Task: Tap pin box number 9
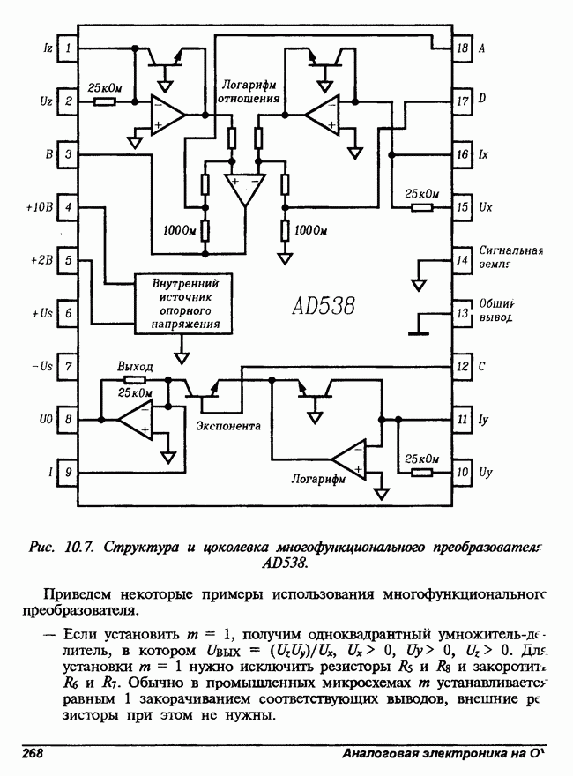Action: click(69, 473)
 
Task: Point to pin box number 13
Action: click(462, 313)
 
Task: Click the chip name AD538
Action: click(324, 307)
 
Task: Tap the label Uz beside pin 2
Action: click(46, 101)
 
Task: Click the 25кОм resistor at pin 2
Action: click(104, 101)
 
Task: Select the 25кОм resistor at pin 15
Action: click(422, 208)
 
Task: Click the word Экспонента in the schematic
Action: click(227, 426)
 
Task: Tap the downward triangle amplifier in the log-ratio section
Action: click(244, 188)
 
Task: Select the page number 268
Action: click(33, 756)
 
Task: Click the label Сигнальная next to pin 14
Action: click(513, 250)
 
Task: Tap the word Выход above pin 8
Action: click(135, 366)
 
